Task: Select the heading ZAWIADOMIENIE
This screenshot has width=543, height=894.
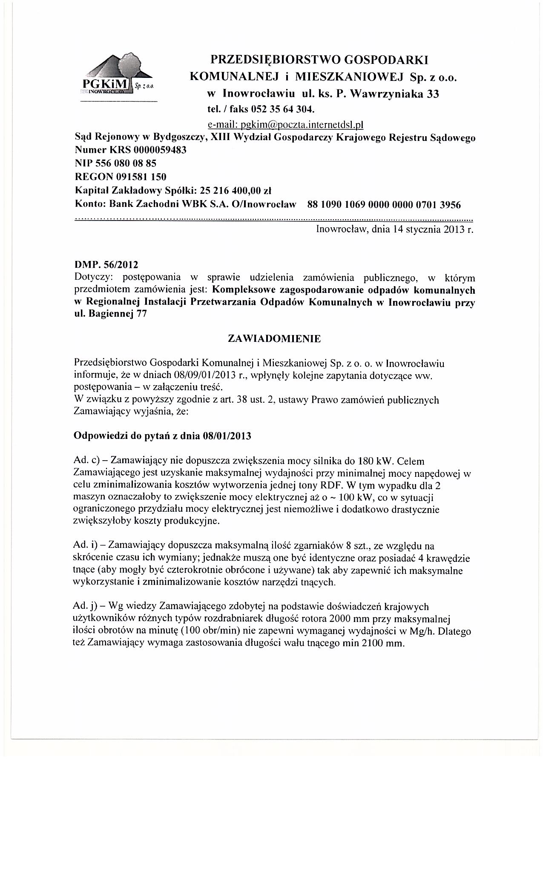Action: tap(274, 339)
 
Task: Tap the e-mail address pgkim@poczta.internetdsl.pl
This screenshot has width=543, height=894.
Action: tap(285, 125)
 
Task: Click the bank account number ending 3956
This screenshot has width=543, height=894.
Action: tap(384, 205)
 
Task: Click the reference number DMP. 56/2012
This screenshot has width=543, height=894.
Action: tap(106, 265)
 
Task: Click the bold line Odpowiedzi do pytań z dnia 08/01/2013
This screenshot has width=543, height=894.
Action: tap(162, 436)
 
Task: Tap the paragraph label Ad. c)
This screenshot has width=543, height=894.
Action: tap(87, 461)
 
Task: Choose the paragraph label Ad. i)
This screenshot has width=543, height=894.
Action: tap(86, 545)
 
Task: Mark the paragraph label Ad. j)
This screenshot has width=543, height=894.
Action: tap(86, 606)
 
